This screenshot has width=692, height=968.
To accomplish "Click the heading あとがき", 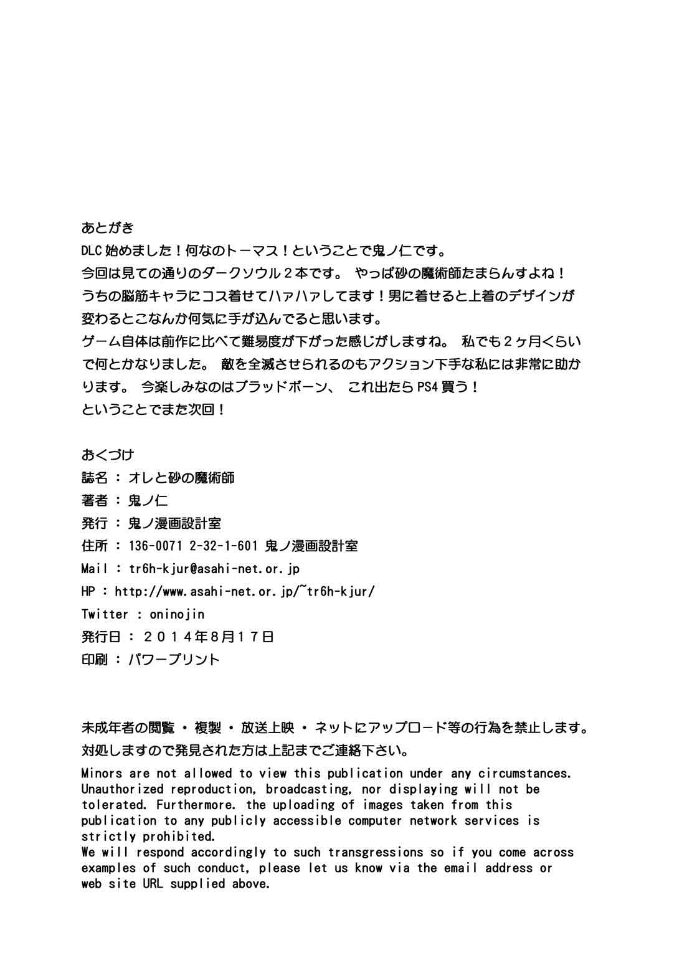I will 108,228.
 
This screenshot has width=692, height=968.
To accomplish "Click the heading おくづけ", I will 108,455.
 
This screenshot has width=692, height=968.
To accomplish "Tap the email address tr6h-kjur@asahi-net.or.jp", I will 214,569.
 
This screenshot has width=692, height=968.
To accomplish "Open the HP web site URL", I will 245,591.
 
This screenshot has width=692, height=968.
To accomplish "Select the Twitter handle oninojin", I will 177,614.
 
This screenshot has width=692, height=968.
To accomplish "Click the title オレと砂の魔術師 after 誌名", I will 181,478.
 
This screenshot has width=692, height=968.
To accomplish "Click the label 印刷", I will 95,660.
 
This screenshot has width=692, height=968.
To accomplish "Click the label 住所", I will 95,546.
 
